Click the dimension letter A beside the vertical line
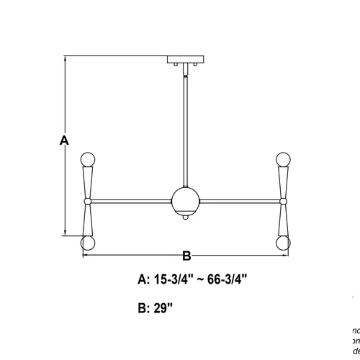coord(64,141)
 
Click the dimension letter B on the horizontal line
coord(186,255)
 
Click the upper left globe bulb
coord(88,158)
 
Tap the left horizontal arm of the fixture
coord(130,199)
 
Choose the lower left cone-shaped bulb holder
coord(88,219)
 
